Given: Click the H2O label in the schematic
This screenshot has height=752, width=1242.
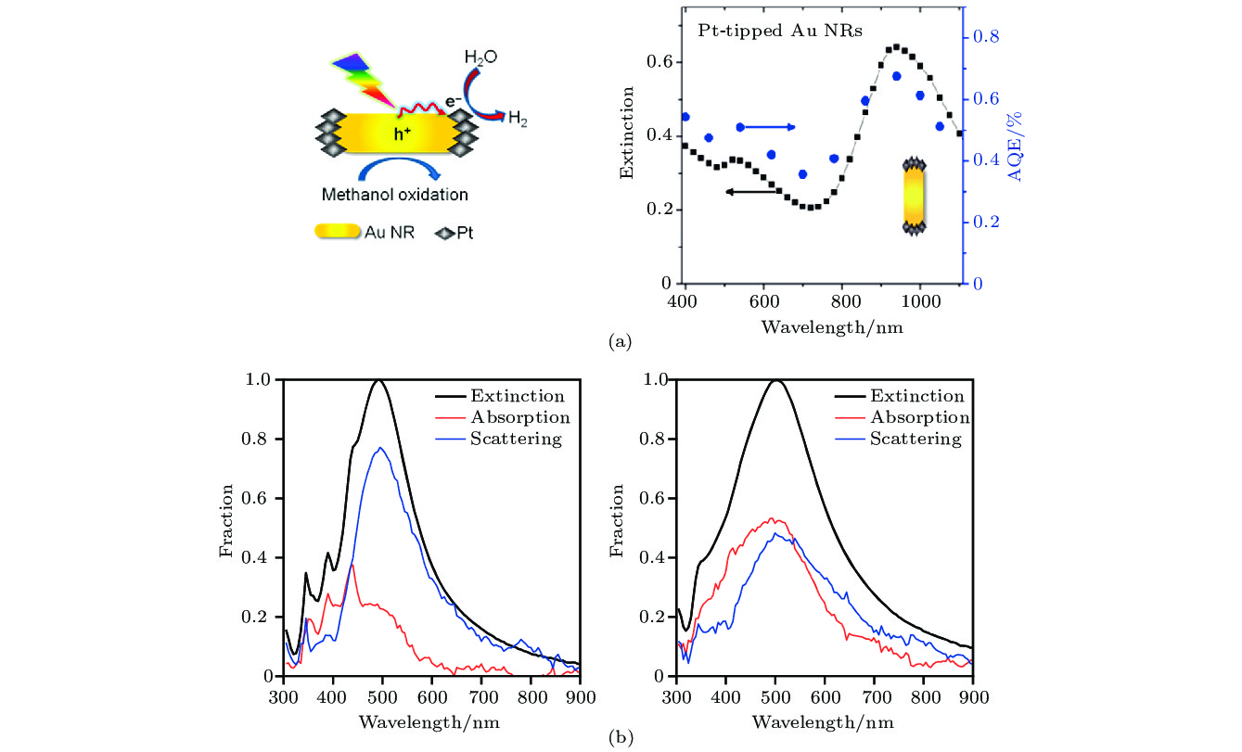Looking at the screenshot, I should pos(480,57).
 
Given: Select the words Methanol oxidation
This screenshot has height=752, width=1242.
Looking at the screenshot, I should pos(394,195).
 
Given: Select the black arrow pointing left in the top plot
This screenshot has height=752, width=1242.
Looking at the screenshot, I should pos(751,192).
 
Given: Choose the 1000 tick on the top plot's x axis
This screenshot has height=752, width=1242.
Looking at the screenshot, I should pos(920,302).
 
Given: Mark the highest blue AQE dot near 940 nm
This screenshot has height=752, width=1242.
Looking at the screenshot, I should pos(897,76).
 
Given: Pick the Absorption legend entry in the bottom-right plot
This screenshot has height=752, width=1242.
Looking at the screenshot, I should pos(919,418).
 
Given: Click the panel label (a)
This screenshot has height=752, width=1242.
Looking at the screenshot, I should pos(620,342).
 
